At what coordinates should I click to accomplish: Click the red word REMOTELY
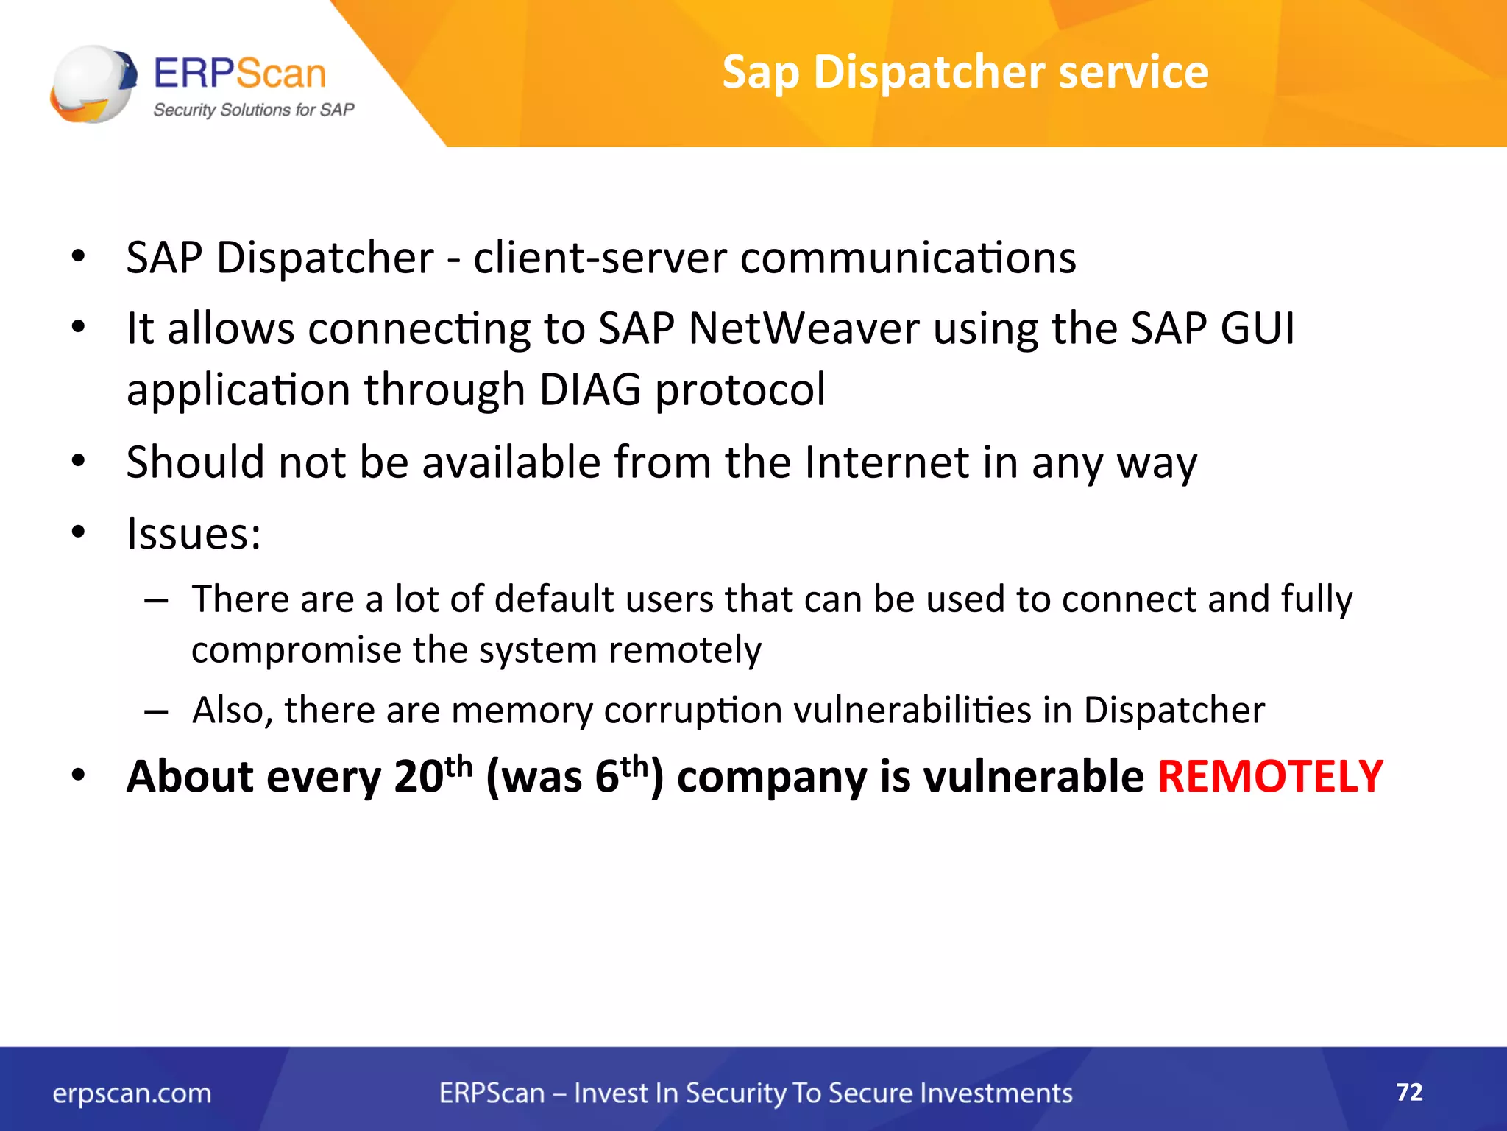tap(1270, 776)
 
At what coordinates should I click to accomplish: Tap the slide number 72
tap(1409, 1091)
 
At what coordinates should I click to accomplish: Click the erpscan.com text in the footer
tap(132, 1093)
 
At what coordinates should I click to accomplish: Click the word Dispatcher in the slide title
tap(929, 72)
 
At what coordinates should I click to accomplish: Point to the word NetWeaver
tap(804, 328)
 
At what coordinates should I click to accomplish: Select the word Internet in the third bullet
tap(887, 462)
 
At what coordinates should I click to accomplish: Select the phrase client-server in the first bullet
tap(600, 258)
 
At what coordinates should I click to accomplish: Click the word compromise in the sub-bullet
tap(296, 649)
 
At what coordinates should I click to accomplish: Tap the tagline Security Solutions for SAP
tap(253, 110)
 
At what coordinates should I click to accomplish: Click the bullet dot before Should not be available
tap(79, 462)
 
